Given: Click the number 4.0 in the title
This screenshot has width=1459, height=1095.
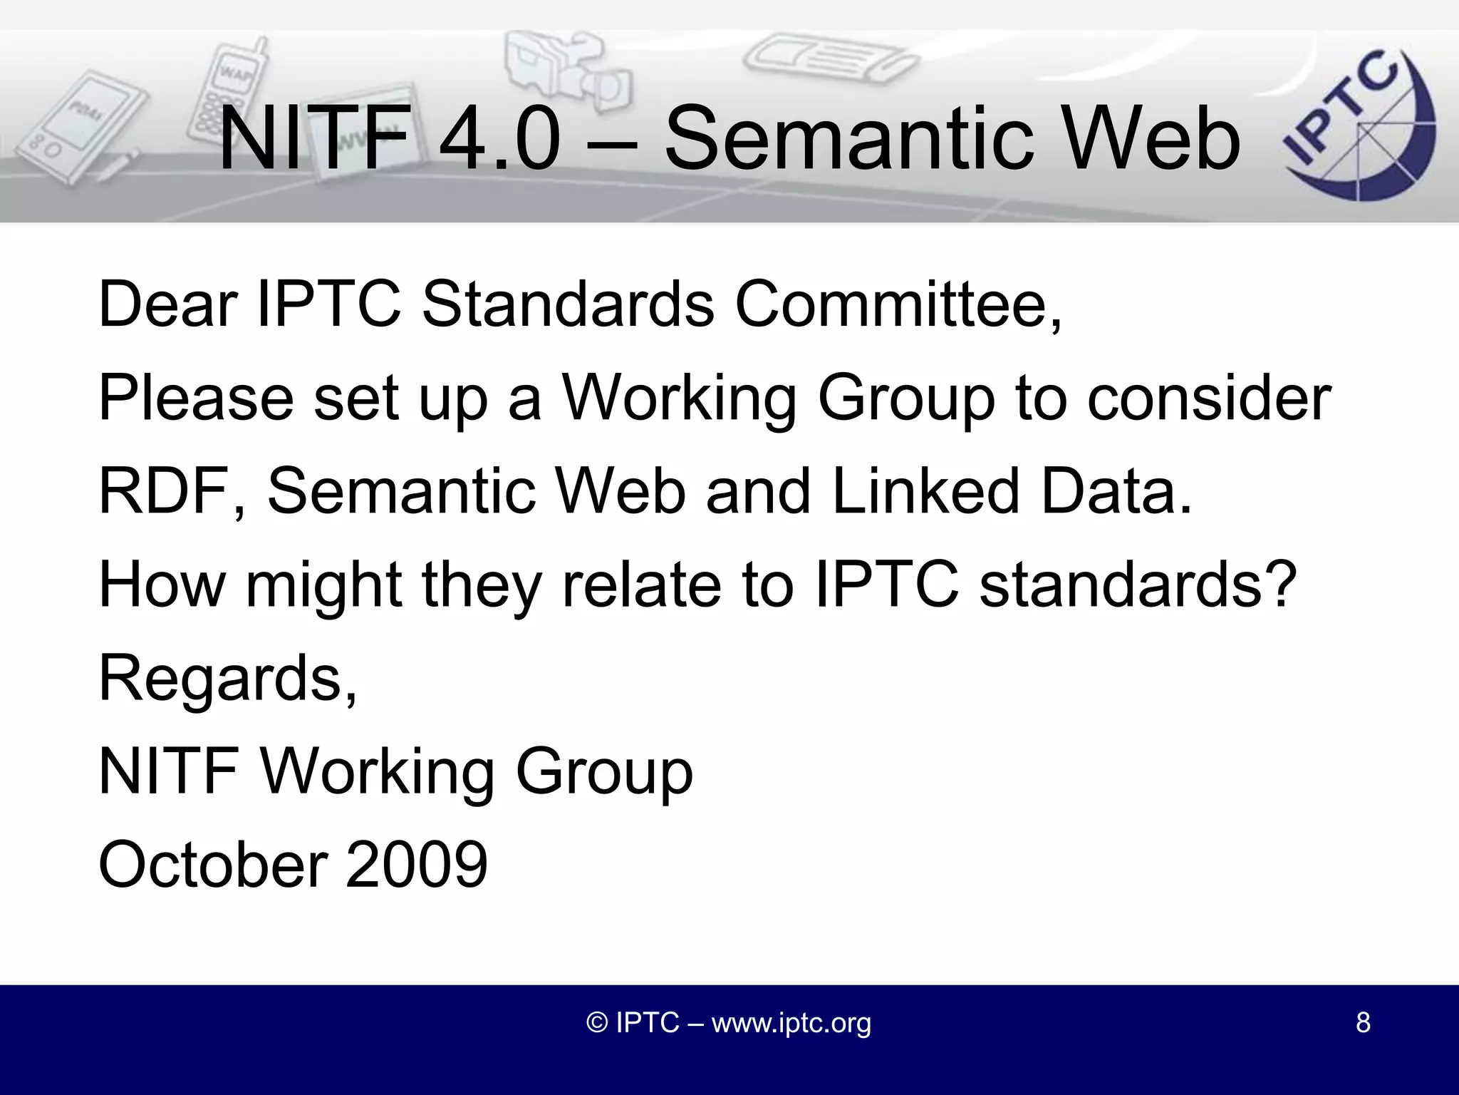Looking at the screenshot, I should point(499,139).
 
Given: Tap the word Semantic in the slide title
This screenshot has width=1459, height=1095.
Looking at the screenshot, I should point(848,139).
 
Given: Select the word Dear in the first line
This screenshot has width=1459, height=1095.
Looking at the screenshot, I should point(168,305).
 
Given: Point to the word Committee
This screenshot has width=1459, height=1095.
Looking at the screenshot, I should point(898,305).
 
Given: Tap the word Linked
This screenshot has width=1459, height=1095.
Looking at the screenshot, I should point(926,492).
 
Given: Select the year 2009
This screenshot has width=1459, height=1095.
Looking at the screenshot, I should point(417,865).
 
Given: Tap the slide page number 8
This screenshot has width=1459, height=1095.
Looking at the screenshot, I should point(1362,1023).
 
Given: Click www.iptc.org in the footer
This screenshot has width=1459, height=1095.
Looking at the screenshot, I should point(791,1023).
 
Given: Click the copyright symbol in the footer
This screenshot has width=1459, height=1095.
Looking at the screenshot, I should point(596,1023).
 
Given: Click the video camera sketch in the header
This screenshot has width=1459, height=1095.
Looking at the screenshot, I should point(563,71).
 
